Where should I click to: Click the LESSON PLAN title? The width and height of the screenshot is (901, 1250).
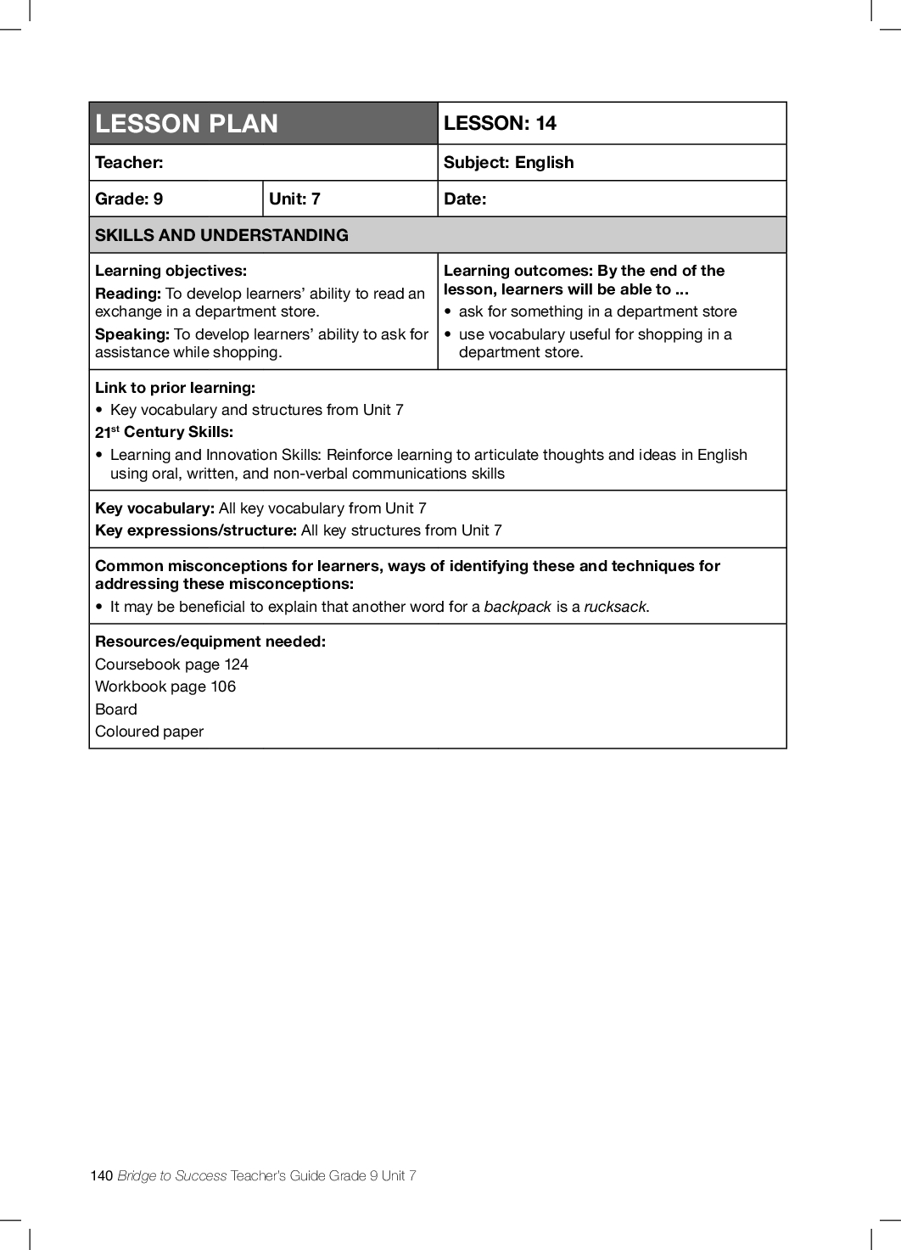(x=187, y=124)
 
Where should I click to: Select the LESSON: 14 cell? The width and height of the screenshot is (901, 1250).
(x=500, y=123)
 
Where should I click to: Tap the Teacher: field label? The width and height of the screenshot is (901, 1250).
(x=129, y=162)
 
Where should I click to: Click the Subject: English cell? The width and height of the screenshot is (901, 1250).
(x=508, y=162)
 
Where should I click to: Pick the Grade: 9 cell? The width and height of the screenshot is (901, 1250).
(x=129, y=199)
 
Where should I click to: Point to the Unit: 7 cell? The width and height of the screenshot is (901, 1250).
(x=294, y=199)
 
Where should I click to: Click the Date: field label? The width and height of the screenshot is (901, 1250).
(x=465, y=199)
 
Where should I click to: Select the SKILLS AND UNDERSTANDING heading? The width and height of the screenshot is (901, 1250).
(x=221, y=235)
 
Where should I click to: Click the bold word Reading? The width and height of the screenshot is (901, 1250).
(x=128, y=294)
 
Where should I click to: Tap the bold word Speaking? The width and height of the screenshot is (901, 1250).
(x=132, y=334)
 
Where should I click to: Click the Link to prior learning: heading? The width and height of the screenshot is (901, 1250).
(x=175, y=388)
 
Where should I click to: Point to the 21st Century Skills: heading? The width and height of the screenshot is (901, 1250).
(x=164, y=432)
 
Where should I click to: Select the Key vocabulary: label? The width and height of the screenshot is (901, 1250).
(x=154, y=508)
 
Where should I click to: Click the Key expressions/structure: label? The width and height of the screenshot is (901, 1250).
(x=196, y=530)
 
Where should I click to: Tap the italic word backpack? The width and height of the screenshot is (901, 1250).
(x=518, y=607)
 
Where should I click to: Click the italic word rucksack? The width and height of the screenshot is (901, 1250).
(x=615, y=607)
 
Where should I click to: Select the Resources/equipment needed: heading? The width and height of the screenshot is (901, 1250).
(x=210, y=642)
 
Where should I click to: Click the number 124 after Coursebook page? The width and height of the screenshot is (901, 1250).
(x=236, y=664)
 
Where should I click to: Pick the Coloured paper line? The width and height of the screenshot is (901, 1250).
(x=149, y=732)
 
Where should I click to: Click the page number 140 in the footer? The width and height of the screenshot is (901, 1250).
(x=101, y=1175)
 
